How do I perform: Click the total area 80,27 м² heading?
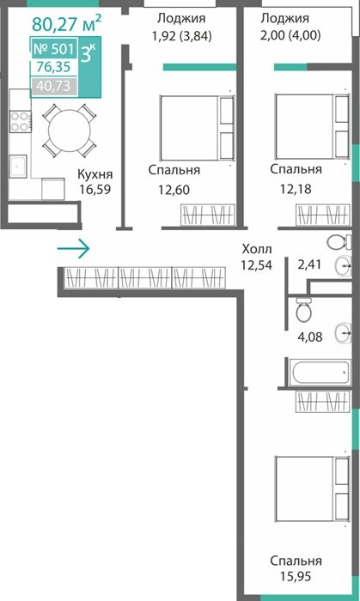pyautogui.click(x=67, y=23)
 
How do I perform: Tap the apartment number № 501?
pyautogui.click(x=54, y=49)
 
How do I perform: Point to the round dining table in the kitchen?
pyautogui.click(x=70, y=131)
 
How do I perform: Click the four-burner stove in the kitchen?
pyautogui.click(x=21, y=122)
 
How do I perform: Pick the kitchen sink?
pyautogui.click(x=18, y=167)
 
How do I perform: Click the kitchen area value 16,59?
pyautogui.click(x=95, y=189)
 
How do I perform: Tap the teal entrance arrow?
pyautogui.click(x=73, y=249)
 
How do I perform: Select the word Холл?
pyautogui.click(x=257, y=249)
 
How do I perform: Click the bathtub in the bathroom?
pyautogui.click(x=320, y=372)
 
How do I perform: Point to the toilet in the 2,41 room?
pyautogui.click(x=339, y=241)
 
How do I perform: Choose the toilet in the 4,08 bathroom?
pyautogui.click(x=303, y=310)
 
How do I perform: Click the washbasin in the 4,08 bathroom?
pyautogui.click(x=344, y=333)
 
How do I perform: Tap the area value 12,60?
pyautogui.click(x=174, y=190)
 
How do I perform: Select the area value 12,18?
pyautogui.click(x=296, y=189)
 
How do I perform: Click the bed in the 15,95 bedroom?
pyautogui.click(x=312, y=489)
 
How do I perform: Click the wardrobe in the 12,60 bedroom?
pyautogui.click(x=207, y=215)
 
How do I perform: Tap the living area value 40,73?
pyautogui.click(x=53, y=86)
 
